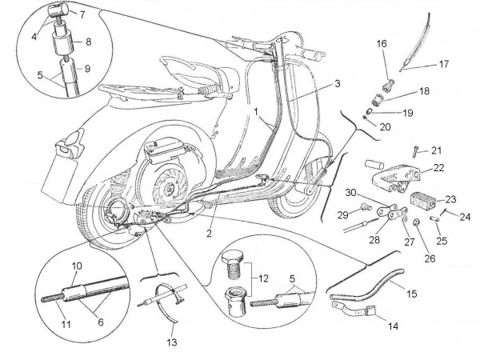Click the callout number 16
[381, 42]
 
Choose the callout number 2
[210, 234]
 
